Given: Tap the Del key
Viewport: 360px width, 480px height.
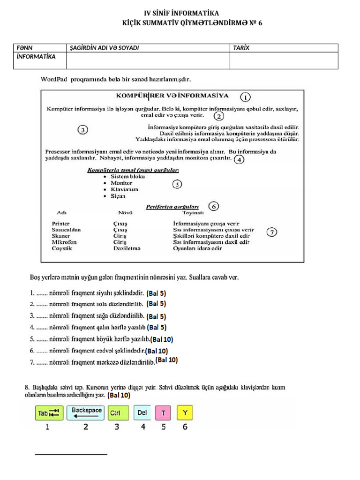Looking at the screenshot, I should tap(143, 413).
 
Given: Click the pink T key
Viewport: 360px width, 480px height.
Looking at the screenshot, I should tap(164, 413).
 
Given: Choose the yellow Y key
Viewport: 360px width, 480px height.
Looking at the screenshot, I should tap(185, 413).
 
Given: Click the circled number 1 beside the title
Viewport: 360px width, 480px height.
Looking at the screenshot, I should tap(245, 97).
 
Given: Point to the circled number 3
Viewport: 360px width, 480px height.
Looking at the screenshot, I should tap(82, 130).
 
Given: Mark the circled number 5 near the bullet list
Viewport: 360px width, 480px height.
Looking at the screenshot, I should tap(177, 184).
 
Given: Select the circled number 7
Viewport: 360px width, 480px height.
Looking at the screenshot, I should tap(271, 232).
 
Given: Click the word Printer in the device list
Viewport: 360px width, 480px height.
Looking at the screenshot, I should tap(61, 224).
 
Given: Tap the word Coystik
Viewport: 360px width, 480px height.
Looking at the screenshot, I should tap(62, 248).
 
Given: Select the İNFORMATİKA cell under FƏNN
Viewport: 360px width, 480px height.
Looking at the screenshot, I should tap(36, 57).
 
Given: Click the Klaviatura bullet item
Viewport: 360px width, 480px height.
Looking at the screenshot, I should tap(124, 189).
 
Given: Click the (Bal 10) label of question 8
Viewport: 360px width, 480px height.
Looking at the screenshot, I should tap(119, 396).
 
